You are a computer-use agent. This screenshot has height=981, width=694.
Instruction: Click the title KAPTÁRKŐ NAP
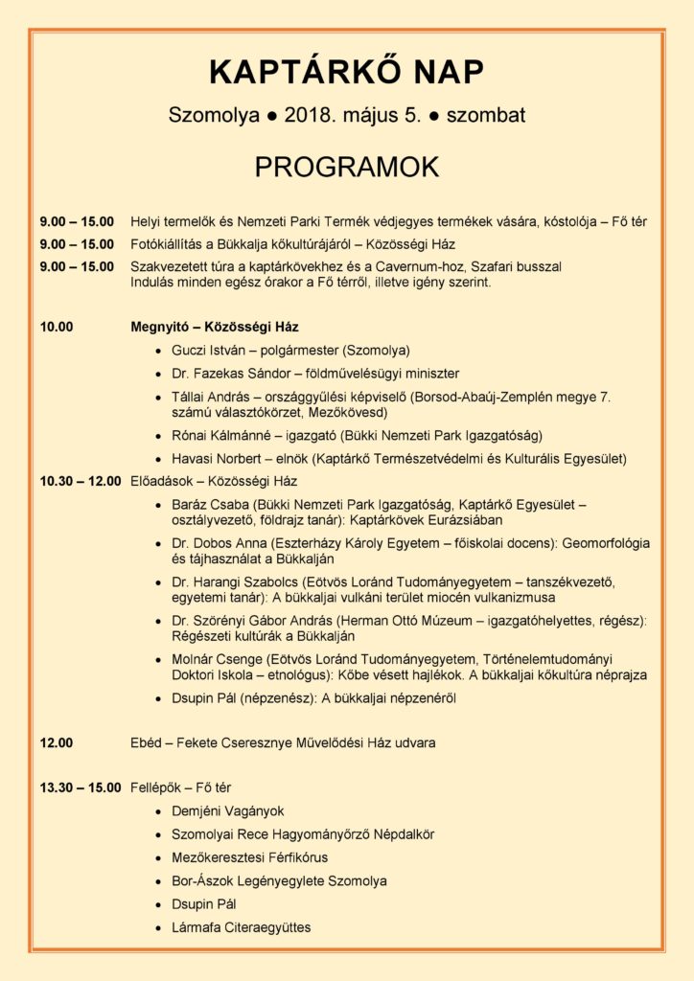click(x=347, y=73)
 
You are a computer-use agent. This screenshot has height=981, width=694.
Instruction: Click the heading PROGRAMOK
click(x=347, y=166)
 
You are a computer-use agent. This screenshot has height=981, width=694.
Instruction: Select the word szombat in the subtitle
click(x=485, y=116)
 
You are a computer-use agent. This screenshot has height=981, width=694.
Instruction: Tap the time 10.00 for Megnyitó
click(x=57, y=327)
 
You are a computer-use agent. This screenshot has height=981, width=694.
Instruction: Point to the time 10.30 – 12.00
click(x=81, y=481)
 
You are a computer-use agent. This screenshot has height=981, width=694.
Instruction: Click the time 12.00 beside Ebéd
click(x=57, y=742)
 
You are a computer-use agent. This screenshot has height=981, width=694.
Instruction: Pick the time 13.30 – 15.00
click(x=81, y=788)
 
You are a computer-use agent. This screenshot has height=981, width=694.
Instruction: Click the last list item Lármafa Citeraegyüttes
click(x=242, y=927)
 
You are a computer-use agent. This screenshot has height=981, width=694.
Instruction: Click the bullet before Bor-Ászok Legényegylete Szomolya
click(x=158, y=881)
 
